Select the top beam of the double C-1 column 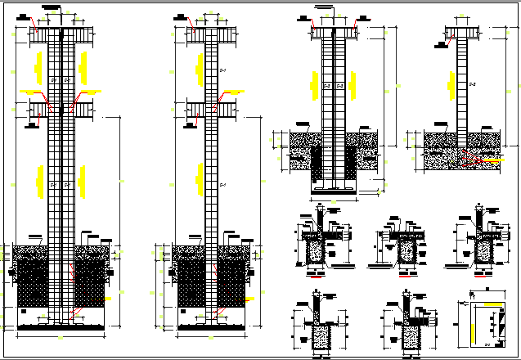click(61, 36)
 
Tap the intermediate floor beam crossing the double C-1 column click(61, 109)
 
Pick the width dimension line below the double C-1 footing click(61, 336)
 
